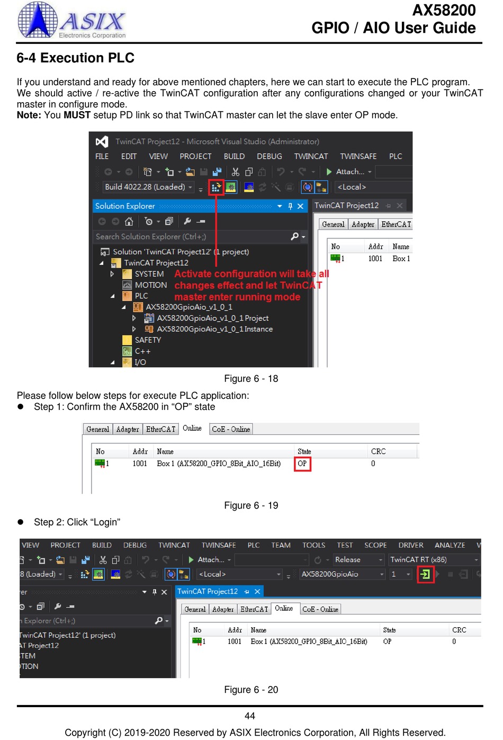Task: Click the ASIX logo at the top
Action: [71, 20]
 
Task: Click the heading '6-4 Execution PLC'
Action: [75, 58]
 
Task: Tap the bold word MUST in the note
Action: [77, 115]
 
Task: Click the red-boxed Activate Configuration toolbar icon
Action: [216, 188]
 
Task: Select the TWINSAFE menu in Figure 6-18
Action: [358, 156]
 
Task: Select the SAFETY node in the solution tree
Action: [148, 340]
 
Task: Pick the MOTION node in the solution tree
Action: [150, 285]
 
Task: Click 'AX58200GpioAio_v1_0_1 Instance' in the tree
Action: [214, 329]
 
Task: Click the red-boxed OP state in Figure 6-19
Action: [302, 463]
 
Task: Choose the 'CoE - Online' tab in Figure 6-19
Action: [231, 429]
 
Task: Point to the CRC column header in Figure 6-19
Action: [378, 451]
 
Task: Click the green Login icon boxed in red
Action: [425, 574]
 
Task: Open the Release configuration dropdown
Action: [358, 559]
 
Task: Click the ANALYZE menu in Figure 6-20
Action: [450, 545]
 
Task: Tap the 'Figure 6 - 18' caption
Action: [251, 379]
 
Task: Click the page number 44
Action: [250, 716]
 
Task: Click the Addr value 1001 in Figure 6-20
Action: [234, 641]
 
